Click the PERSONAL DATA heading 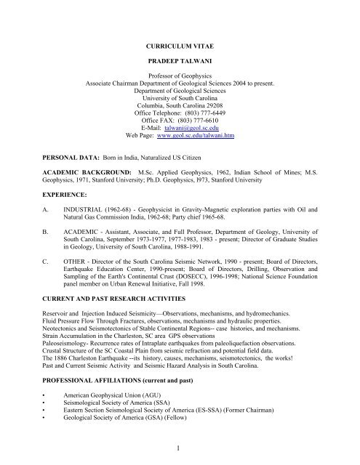click(x=57, y=156)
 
